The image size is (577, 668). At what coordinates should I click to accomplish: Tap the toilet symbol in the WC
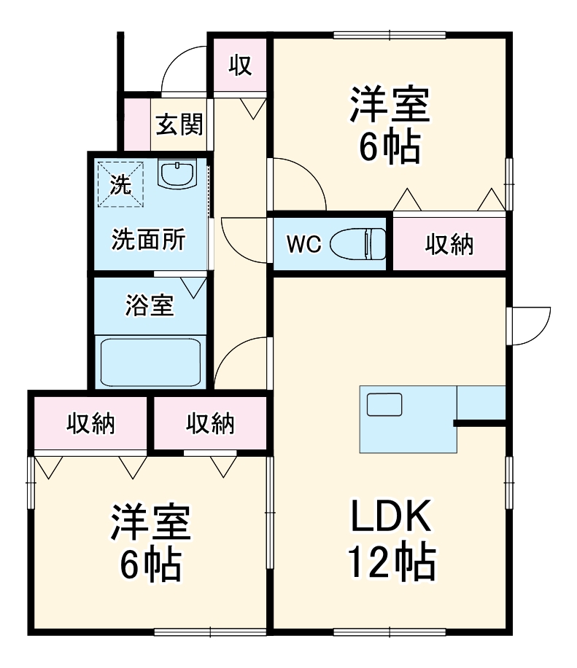[x=357, y=243]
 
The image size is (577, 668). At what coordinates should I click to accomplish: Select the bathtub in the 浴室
[x=151, y=361]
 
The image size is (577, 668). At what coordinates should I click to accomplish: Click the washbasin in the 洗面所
[x=177, y=175]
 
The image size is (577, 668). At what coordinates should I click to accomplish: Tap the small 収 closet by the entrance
[x=241, y=66]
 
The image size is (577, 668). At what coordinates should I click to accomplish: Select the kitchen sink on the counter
[x=384, y=404]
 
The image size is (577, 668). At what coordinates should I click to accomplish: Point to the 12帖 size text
[x=391, y=562]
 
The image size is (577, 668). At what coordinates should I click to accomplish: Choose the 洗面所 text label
[x=148, y=240]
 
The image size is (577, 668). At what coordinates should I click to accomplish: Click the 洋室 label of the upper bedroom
[x=390, y=106]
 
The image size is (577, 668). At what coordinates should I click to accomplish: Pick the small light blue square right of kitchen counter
[x=481, y=403]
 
